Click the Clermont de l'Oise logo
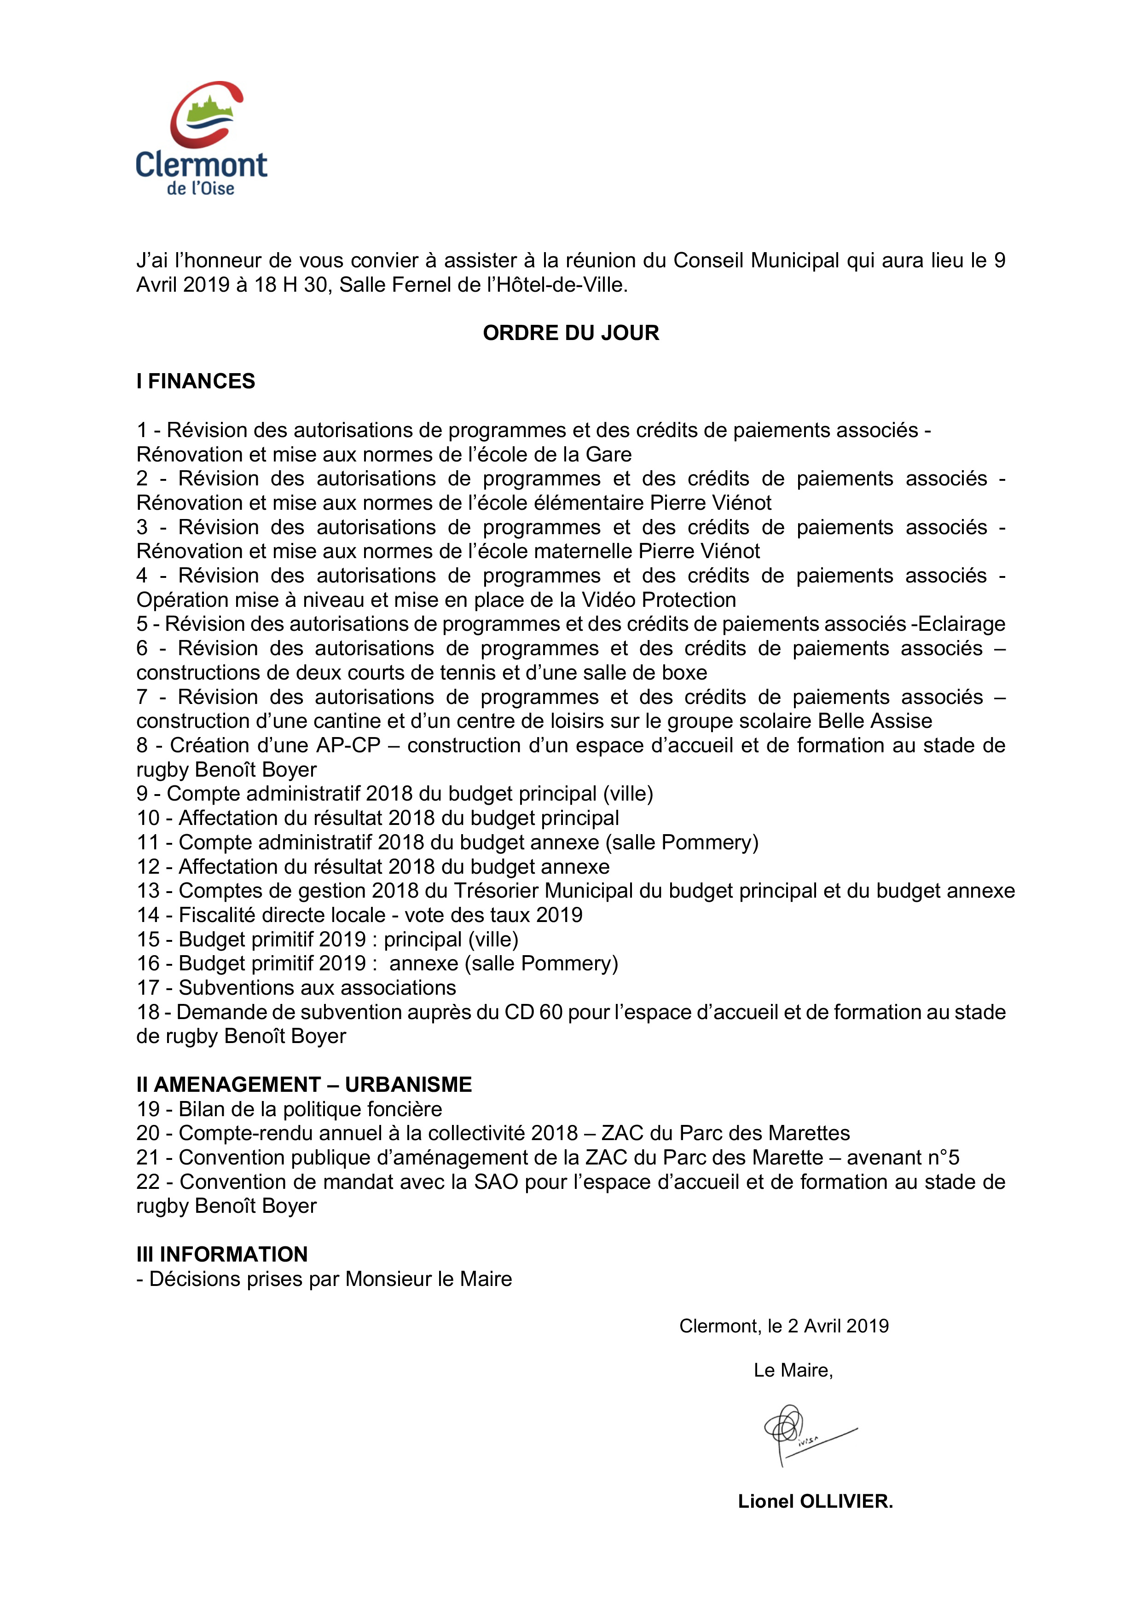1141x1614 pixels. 201,138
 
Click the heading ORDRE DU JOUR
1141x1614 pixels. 570,333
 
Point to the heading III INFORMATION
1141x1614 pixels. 222,1254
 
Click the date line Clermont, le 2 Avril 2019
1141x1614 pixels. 783,1326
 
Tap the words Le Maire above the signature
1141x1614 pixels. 792,1370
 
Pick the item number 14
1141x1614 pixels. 148,915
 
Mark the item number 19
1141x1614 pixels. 148,1109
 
